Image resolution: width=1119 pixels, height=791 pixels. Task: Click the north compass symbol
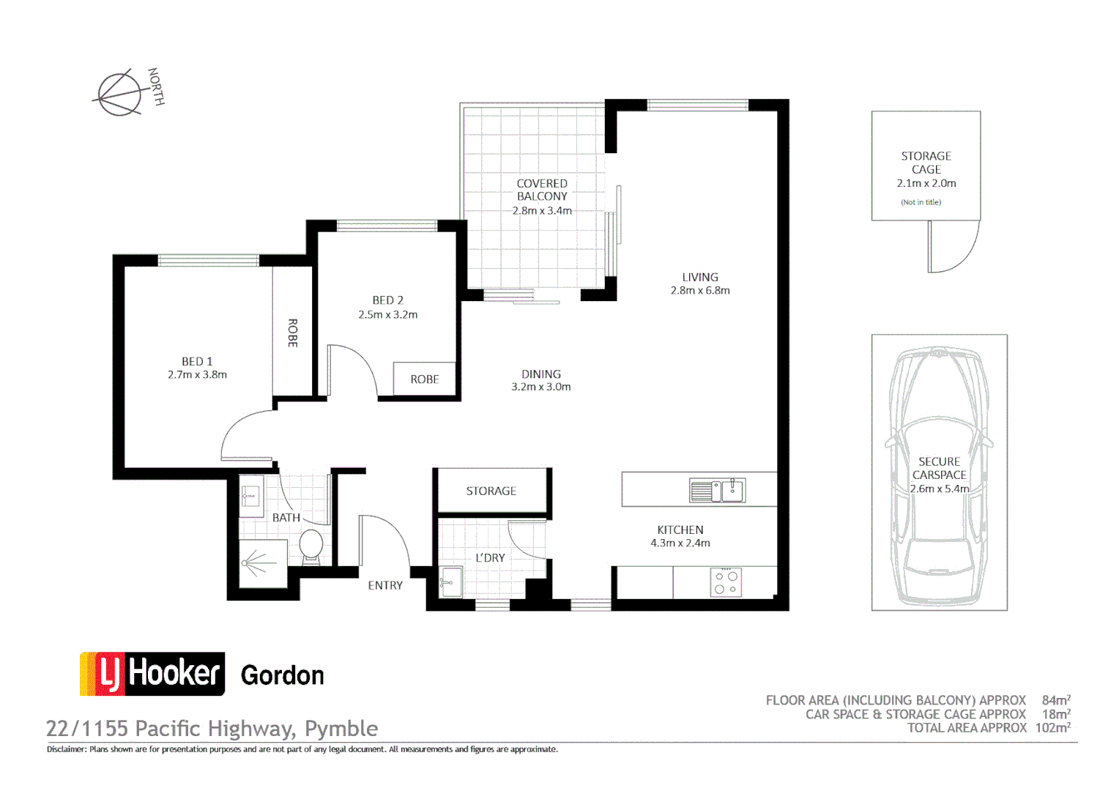(x=120, y=93)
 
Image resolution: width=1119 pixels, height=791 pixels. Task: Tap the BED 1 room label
(x=197, y=361)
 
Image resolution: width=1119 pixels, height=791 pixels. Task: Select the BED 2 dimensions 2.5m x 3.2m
(x=387, y=315)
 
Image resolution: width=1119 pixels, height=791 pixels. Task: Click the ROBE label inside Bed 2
(x=424, y=379)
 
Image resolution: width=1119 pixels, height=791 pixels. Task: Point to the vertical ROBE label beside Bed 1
(x=292, y=333)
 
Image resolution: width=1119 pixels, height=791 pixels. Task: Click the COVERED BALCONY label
(x=542, y=190)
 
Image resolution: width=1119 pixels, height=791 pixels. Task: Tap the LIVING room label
(x=700, y=278)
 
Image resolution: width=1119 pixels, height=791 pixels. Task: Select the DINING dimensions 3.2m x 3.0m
(x=540, y=387)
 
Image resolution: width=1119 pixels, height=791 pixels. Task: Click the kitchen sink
(x=718, y=490)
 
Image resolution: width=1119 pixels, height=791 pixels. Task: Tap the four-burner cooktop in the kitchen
(x=726, y=582)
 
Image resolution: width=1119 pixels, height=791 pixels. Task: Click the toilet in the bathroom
(x=311, y=546)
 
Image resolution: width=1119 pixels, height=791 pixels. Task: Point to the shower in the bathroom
(x=263, y=564)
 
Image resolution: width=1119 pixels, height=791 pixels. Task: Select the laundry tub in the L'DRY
(x=450, y=582)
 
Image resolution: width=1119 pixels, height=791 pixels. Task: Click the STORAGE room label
(x=491, y=491)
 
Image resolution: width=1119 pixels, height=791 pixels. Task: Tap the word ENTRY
(x=385, y=585)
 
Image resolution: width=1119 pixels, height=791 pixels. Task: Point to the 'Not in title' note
(x=921, y=202)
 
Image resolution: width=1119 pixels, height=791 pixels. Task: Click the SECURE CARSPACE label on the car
(x=939, y=468)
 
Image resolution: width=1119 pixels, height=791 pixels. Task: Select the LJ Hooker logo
(x=152, y=674)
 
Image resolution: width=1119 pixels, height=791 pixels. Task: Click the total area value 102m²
(x=1052, y=728)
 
